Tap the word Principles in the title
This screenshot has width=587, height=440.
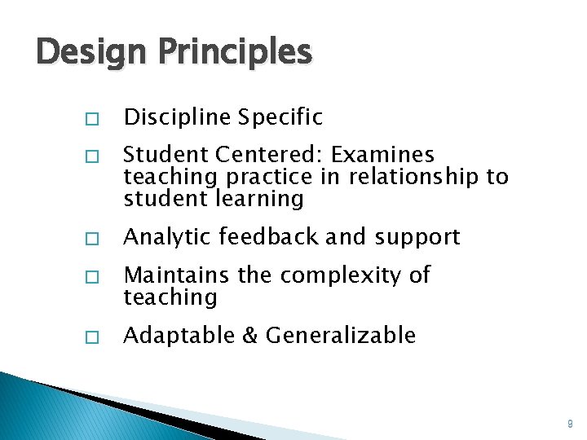click(236, 52)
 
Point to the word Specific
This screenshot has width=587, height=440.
click(280, 118)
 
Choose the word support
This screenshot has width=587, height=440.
click(417, 237)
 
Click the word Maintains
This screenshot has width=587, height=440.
click(170, 275)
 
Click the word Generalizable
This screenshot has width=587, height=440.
click(341, 335)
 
